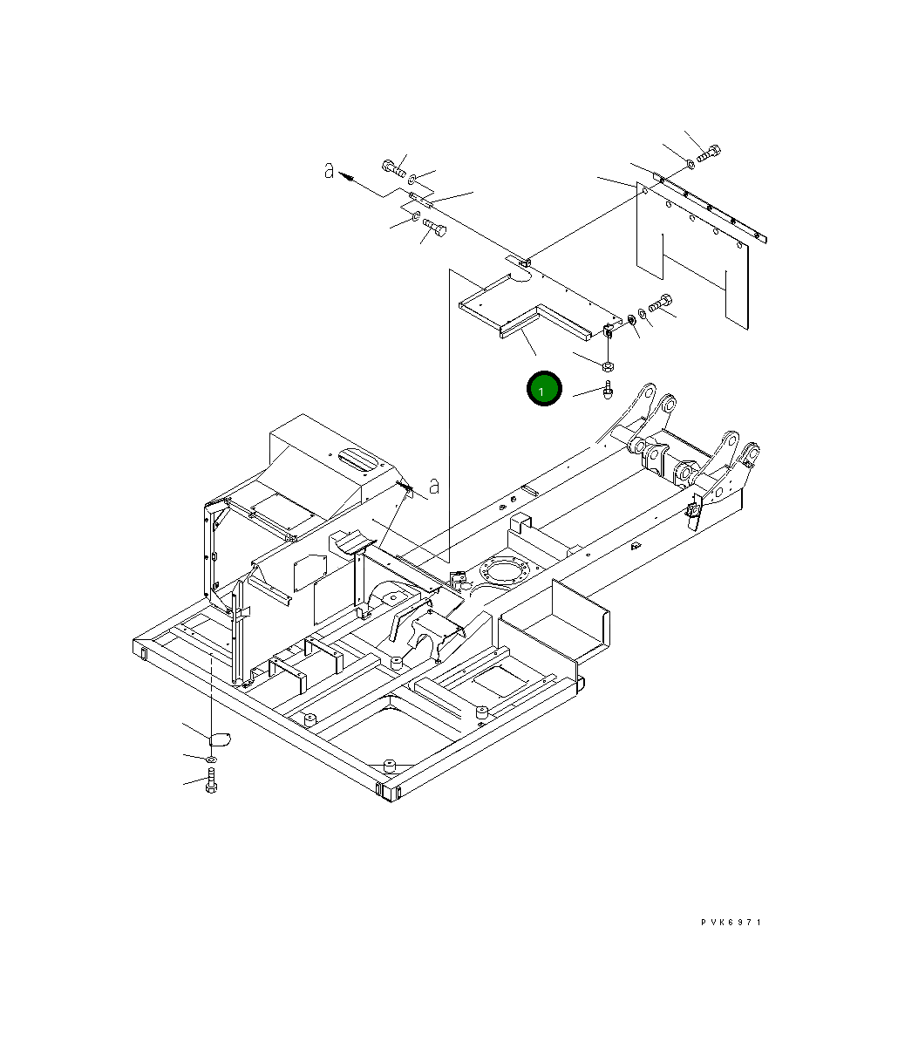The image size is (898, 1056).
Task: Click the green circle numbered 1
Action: (x=544, y=389)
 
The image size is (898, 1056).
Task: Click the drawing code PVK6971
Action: (x=731, y=923)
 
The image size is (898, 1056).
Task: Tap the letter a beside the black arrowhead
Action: (x=330, y=171)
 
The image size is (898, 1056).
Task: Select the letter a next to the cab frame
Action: (x=434, y=486)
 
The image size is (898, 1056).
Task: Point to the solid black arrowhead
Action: (x=346, y=177)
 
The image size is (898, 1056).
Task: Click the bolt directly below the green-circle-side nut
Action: (x=608, y=389)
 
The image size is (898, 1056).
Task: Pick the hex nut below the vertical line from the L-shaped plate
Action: (x=608, y=365)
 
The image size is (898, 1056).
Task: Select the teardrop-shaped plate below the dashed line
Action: (x=220, y=739)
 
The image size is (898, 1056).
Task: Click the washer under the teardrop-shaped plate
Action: (x=212, y=760)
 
